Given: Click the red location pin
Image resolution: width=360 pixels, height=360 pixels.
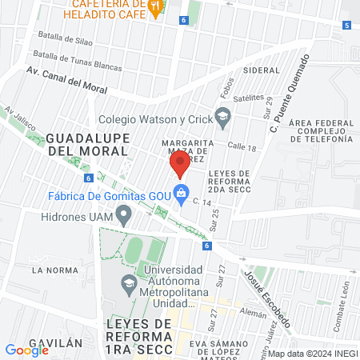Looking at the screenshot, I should [x=179, y=165].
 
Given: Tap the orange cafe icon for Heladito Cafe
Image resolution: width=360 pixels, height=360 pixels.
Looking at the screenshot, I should [x=157, y=7].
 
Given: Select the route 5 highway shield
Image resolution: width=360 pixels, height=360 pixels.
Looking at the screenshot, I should [x=346, y=26].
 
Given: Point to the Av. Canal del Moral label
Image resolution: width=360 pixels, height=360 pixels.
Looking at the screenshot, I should [x=66, y=76].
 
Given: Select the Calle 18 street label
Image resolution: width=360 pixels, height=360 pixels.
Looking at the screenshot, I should [x=240, y=147].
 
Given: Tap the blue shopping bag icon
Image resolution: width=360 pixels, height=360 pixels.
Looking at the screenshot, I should [x=182, y=193].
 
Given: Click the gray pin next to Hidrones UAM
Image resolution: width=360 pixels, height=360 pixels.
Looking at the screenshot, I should [x=123, y=215].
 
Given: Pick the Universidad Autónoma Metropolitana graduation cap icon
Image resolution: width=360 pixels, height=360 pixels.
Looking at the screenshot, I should [x=128, y=283].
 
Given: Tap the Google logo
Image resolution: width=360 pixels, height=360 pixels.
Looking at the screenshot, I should [x=26, y=350].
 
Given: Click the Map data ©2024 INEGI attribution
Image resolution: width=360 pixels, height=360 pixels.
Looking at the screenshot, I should [x=311, y=353].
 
